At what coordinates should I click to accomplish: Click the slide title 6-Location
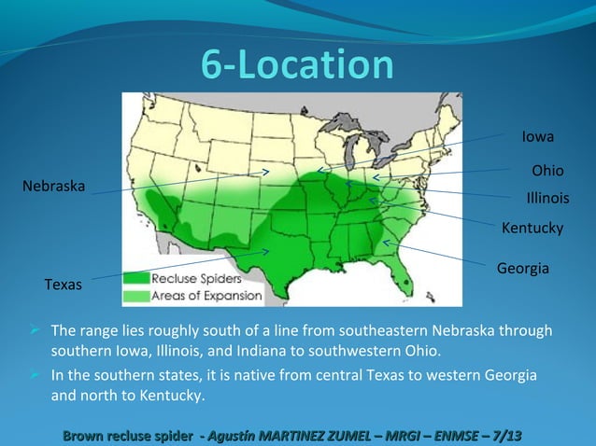point(298,65)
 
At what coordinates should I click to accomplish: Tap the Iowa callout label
point(538,137)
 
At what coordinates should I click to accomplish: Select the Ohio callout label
point(546,172)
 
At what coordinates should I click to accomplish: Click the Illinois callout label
point(548,199)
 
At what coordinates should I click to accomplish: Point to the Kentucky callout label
point(532,228)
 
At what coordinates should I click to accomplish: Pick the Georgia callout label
point(522,268)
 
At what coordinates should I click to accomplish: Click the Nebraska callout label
point(53,187)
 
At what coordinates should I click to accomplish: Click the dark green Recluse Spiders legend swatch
point(136,278)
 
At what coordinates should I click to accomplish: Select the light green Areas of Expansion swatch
point(136,296)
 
